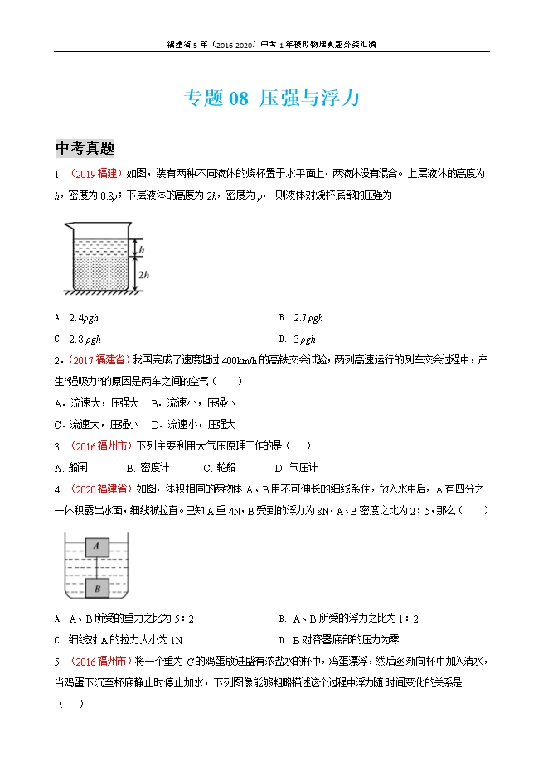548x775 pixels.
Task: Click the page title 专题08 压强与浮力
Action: click(271, 99)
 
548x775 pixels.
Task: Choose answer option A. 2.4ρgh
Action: click(83, 318)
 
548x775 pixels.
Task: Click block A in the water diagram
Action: click(97, 546)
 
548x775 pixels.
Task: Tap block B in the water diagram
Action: click(97, 589)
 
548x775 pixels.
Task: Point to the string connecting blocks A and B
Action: click(97, 567)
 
